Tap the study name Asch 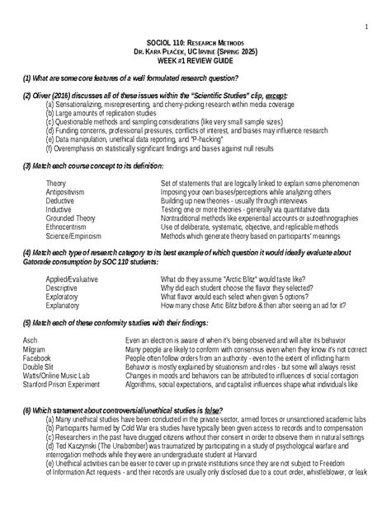[31, 341]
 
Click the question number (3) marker [28, 165]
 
